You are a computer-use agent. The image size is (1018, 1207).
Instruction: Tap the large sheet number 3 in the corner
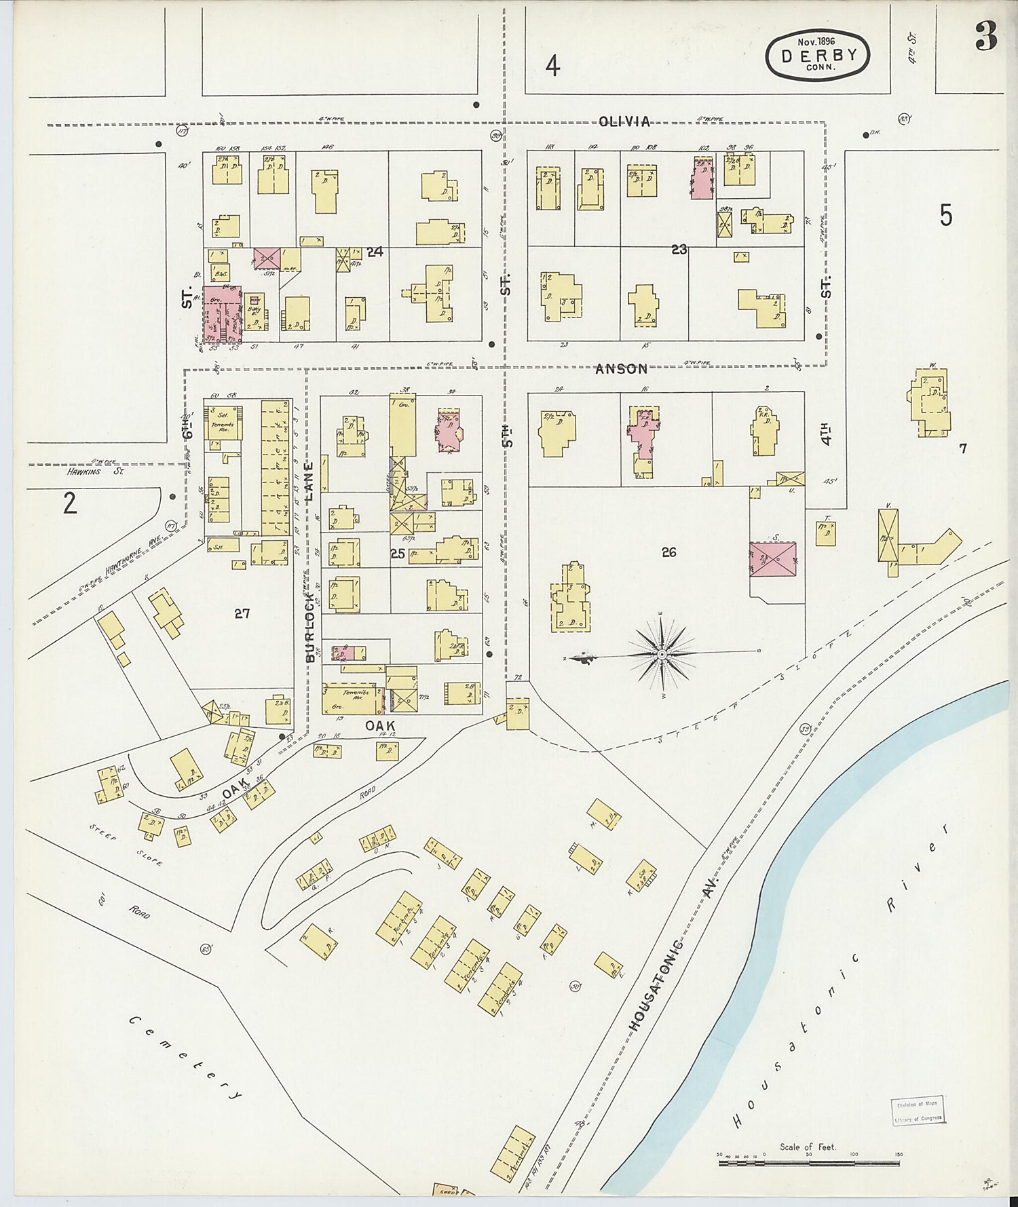(x=986, y=37)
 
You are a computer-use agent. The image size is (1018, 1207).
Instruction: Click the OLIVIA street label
(x=624, y=121)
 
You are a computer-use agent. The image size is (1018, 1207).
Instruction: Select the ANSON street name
(x=621, y=369)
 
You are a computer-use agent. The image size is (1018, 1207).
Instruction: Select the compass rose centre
(x=662, y=653)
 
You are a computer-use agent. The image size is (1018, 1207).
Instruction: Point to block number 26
(x=668, y=552)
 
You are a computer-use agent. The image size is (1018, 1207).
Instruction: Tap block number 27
(x=242, y=613)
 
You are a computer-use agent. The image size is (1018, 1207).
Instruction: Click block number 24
(x=375, y=252)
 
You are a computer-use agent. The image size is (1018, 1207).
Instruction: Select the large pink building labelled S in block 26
(x=772, y=560)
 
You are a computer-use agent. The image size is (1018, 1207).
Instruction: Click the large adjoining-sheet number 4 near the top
(x=553, y=66)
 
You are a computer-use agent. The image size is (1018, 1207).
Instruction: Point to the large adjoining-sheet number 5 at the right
(x=946, y=215)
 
